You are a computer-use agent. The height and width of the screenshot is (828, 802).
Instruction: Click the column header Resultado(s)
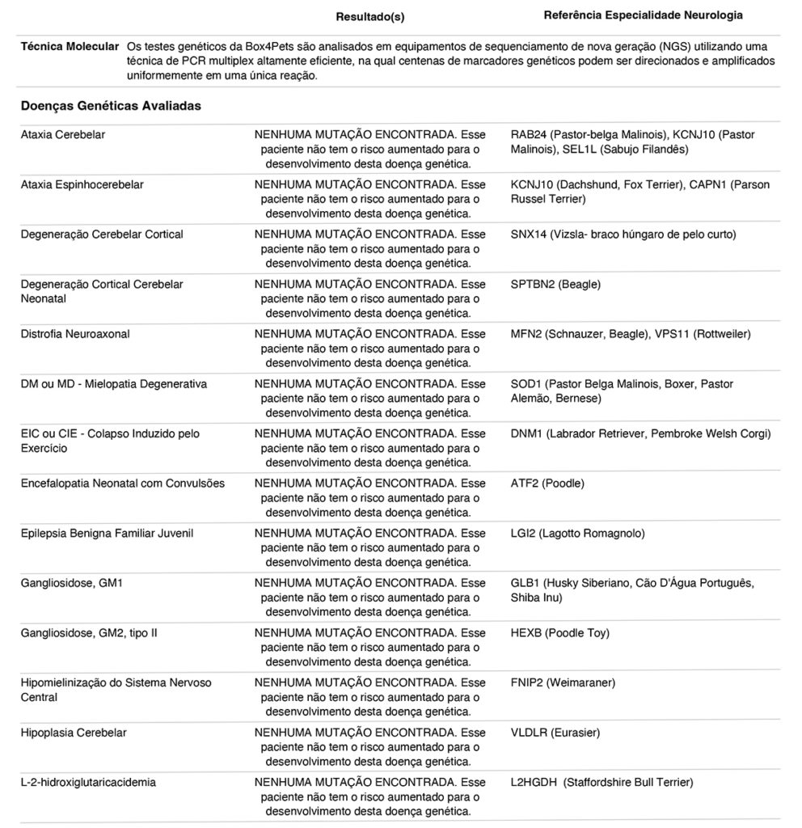tap(370, 16)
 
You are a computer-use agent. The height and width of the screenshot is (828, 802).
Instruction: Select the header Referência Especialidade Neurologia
tap(644, 15)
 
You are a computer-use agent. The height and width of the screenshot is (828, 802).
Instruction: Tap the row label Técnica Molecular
tap(70, 47)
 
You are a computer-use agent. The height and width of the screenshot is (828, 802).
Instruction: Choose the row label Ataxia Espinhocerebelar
tap(82, 185)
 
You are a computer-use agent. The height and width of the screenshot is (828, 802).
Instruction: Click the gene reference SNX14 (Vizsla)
tap(623, 234)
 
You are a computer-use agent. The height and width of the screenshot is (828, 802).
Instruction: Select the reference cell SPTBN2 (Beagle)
tap(556, 285)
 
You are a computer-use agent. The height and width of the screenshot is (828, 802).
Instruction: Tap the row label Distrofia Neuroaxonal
tap(75, 334)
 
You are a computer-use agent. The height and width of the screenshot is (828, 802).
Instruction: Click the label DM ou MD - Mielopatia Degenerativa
tap(114, 384)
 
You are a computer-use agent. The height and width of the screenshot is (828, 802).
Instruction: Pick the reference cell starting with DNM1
tap(640, 434)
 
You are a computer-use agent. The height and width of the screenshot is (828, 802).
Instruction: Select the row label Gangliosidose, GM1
tap(71, 583)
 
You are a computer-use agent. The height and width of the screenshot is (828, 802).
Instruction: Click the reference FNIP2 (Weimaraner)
tap(563, 683)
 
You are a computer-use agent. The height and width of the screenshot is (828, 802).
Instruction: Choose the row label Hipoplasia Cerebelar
tap(74, 733)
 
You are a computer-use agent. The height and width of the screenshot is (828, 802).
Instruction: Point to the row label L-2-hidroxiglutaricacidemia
tap(89, 783)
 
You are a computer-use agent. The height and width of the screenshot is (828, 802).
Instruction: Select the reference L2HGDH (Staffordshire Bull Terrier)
tap(601, 783)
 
